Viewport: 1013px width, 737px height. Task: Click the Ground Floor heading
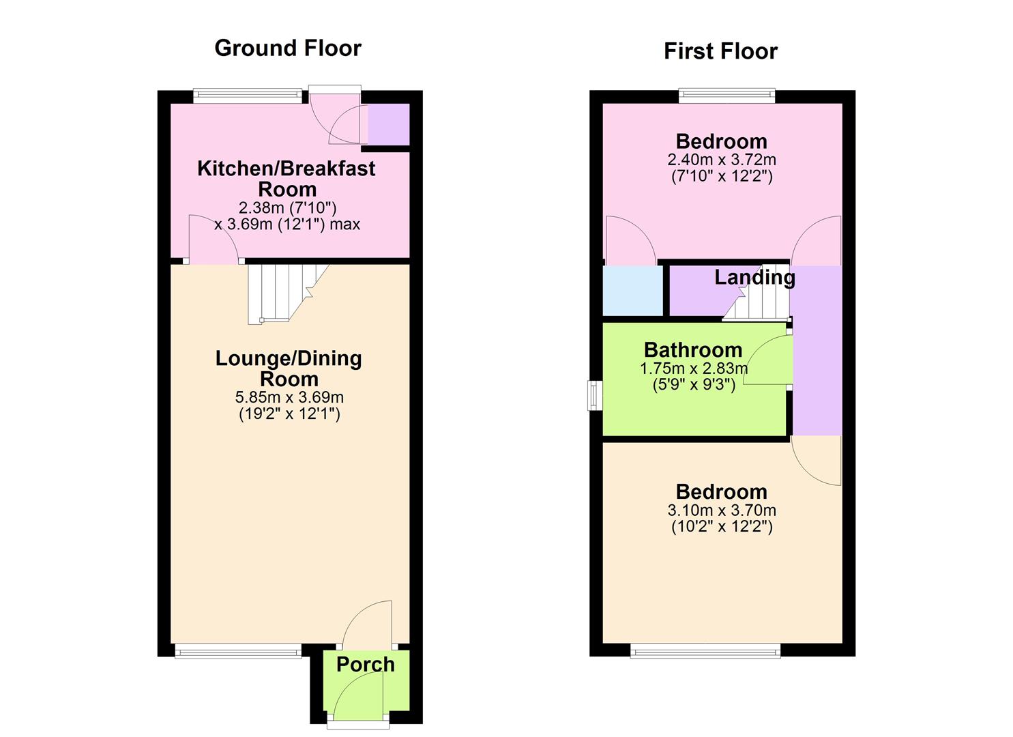287,48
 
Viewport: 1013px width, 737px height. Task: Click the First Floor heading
720,51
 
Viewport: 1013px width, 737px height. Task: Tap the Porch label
365,664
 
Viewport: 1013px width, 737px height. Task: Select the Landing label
754,277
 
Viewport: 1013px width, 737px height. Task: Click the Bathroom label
692,350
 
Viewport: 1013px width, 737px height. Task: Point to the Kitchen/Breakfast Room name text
286,178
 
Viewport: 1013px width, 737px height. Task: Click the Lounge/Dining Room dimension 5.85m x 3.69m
289,397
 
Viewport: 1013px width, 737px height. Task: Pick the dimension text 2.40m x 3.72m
721,160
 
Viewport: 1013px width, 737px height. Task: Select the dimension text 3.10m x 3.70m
721,510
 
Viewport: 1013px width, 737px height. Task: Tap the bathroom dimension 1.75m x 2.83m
693,369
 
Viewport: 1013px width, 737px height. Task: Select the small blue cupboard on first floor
632,290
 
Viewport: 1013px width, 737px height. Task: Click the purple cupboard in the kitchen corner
388,124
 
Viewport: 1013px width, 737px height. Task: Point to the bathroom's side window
594,395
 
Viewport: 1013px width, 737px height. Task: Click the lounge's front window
237,652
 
